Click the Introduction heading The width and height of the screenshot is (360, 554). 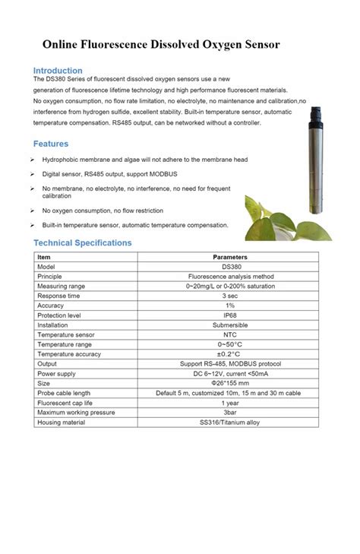pyautogui.click(x=58, y=71)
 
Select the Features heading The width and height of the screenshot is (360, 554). pyautogui.click(x=51, y=144)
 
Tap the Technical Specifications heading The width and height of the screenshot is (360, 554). pyautogui.click(x=83, y=242)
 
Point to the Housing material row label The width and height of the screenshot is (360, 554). pyautogui.click(x=61, y=423)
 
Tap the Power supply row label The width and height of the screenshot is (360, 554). pyautogui.click(x=56, y=374)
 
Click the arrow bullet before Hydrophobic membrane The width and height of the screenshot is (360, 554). pyautogui.click(x=31, y=160)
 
